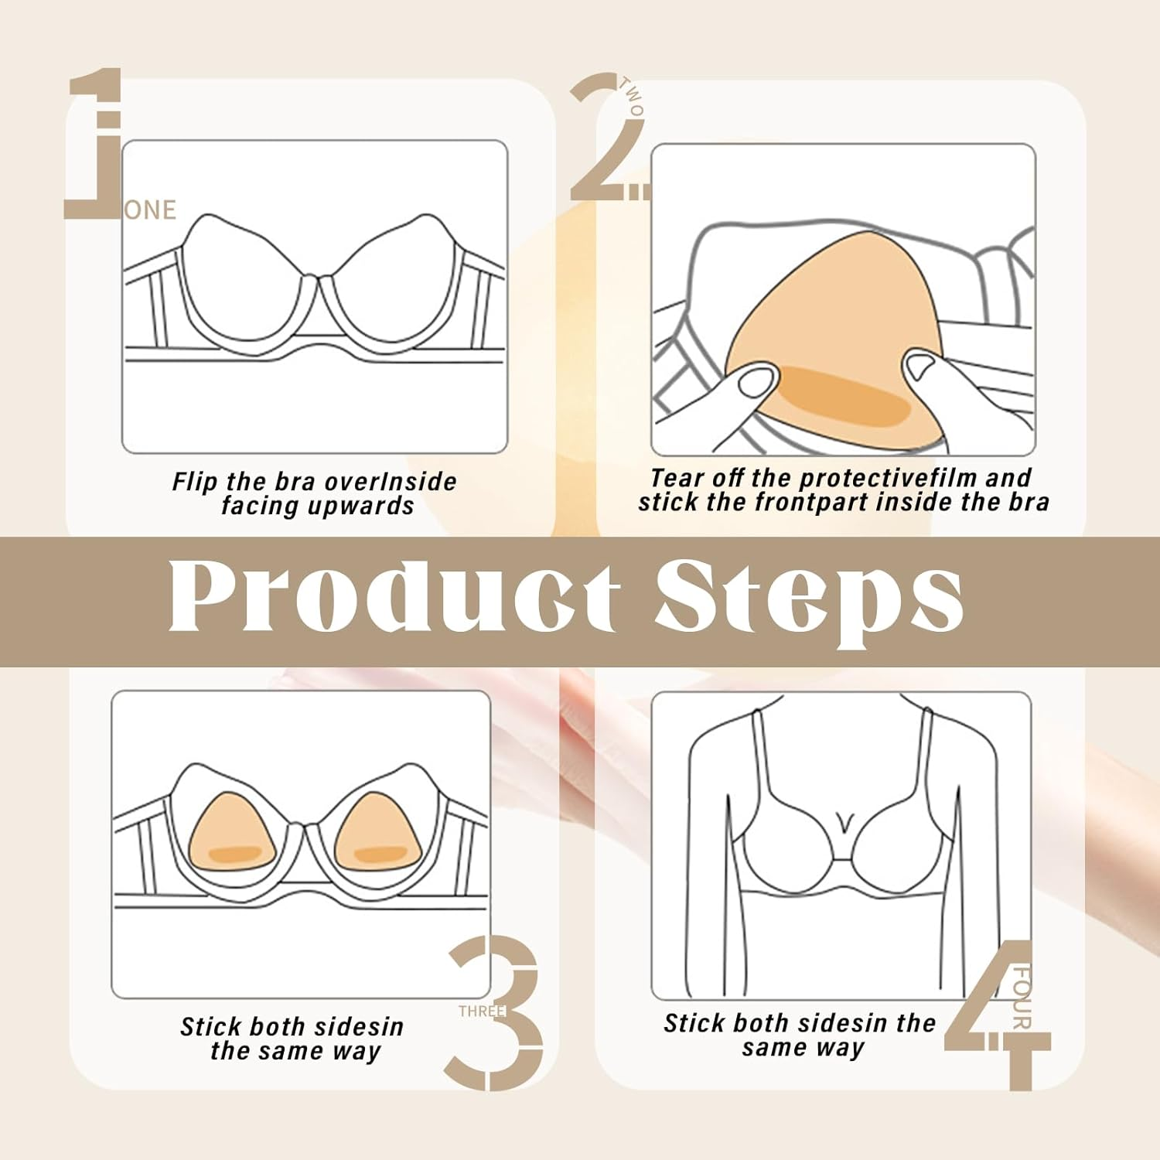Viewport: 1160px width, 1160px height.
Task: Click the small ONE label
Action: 151,210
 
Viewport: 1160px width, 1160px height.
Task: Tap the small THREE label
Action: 481,1012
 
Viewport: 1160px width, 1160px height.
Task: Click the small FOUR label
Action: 1021,998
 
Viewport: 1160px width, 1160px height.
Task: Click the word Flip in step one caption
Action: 195,482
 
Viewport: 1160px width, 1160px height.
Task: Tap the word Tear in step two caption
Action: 677,478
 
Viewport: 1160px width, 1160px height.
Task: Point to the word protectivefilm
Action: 889,478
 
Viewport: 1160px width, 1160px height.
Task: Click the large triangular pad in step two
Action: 820,325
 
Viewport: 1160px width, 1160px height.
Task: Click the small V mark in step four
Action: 844,821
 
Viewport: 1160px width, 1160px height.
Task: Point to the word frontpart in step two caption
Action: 812,503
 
